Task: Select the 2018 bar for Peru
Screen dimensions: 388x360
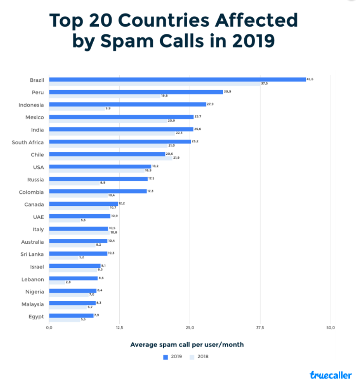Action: [104, 96]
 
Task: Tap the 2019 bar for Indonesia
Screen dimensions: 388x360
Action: [127, 105]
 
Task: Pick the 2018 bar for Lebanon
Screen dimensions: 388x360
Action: [57, 283]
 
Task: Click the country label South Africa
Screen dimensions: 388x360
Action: [28, 142]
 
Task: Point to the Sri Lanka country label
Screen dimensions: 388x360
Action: [32, 254]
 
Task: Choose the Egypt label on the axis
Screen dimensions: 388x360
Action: [36, 316]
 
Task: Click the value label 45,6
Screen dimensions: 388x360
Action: [310, 79]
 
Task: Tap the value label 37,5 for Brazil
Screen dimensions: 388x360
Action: [264, 84]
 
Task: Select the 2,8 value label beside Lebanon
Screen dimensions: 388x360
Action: [68, 283]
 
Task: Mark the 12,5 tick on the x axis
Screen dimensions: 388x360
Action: [119, 328]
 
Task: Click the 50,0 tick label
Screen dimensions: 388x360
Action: [330, 328]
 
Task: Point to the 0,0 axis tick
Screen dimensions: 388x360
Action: [49, 328]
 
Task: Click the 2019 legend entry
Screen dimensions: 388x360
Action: [173, 357]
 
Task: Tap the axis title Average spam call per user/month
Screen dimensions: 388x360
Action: [187, 345]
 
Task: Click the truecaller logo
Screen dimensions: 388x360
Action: [330, 375]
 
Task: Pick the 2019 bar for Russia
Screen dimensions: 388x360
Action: [98, 179]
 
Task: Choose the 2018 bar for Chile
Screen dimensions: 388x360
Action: [110, 158]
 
